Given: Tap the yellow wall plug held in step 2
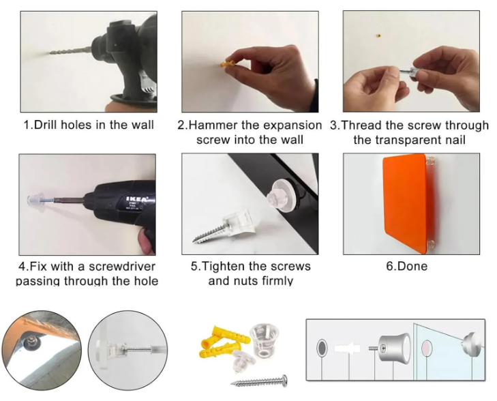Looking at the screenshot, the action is tap(229, 63).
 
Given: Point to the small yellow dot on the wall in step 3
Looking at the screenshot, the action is tap(378, 36).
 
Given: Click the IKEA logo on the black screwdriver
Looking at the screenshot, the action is tap(137, 199).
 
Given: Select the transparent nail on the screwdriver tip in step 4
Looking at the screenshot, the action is tap(35, 200).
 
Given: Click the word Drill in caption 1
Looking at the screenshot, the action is tap(46, 125).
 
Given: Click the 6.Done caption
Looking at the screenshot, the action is tap(406, 266).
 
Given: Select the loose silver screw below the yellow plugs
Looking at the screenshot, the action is tap(260, 381).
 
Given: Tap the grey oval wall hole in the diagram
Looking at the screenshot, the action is tap(322, 348).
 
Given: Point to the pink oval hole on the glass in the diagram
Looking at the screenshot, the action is tap(427, 348).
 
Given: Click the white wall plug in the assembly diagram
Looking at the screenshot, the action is tap(348, 348).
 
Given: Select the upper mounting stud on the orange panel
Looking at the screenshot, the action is tap(430, 161).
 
